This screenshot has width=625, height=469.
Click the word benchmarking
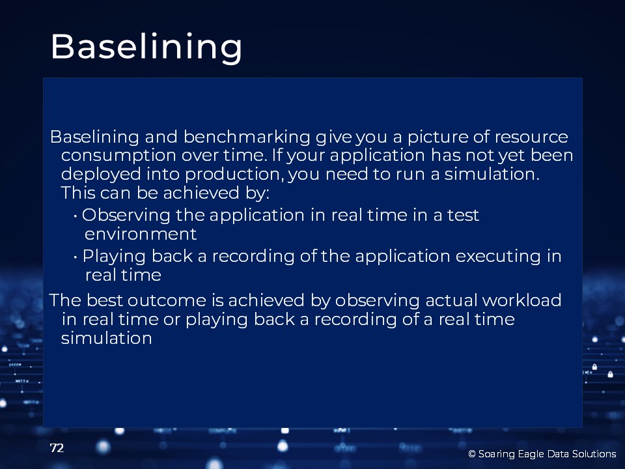coord(247,137)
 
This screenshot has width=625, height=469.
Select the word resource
coord(531,137)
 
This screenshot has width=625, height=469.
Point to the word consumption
coord(118,156)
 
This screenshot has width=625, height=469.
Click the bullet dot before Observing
coord(76,216)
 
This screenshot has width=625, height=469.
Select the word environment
coord(141,234)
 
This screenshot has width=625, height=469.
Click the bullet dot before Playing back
coord(76,257)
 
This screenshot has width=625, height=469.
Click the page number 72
coord(57,448)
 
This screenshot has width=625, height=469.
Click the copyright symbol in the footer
coord(472,454)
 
